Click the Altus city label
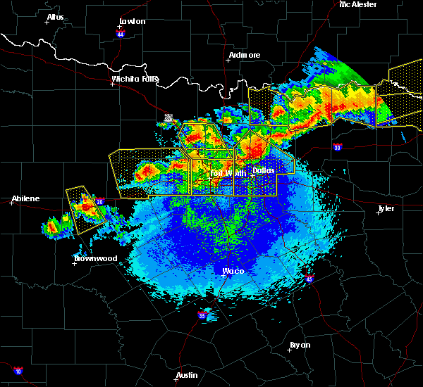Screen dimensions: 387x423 55,17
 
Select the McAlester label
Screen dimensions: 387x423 357,4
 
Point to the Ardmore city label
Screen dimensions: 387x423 245,55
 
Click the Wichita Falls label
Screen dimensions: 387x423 135,79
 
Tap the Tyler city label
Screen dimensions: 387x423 386,208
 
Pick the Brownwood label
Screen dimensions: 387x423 95,258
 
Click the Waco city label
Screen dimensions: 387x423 233,271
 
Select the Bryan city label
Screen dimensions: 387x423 300,345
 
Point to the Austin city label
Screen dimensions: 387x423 187,375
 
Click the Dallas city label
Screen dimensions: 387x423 264,170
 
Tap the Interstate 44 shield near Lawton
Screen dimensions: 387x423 121,33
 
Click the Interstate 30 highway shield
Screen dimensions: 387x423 338,147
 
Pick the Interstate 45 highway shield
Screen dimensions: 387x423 308,279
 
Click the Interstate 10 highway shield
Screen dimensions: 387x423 18,371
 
